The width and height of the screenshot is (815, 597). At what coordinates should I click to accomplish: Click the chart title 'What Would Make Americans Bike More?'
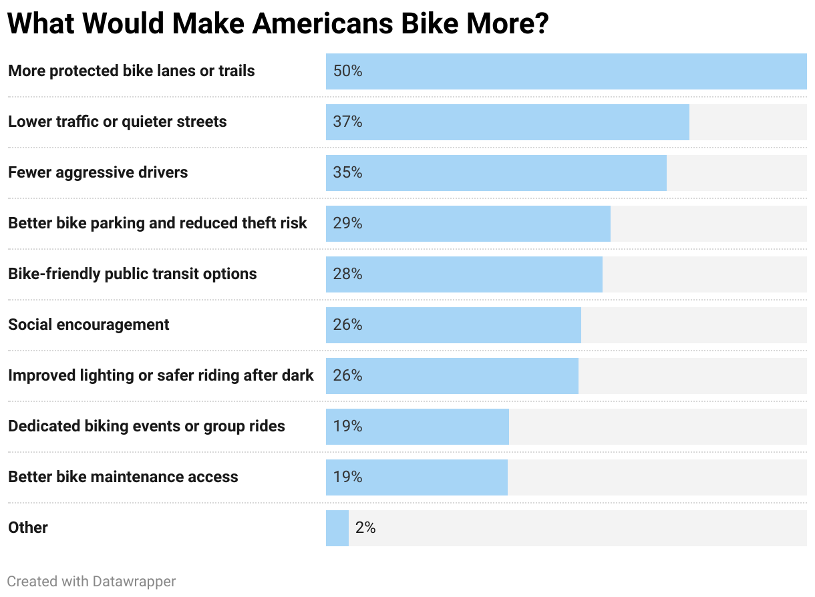(278, 24)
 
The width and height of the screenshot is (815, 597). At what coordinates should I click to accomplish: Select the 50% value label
(347, 71)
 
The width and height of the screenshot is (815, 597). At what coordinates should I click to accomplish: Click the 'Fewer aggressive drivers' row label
(98, 172)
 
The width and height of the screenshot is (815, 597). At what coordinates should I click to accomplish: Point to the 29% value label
(347, 223)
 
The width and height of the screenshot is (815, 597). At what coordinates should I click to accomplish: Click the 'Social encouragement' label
(89, 325)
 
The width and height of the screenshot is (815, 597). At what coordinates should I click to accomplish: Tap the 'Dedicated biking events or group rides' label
(146, 426)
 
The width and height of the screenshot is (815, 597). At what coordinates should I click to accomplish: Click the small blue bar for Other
(337, 528)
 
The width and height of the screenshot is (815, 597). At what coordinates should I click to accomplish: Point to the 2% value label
(365, 528)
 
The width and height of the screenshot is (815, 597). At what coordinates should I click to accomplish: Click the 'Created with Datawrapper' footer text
(92, 582)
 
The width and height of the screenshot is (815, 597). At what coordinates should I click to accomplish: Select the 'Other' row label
(28, 528)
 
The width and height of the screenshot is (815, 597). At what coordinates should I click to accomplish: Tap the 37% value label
(347, 122)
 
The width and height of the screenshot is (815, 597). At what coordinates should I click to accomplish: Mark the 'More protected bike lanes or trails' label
(132, 71)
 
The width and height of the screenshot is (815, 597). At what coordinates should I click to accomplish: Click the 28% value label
(347, 274)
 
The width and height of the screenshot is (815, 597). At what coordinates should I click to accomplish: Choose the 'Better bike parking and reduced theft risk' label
(158, 223)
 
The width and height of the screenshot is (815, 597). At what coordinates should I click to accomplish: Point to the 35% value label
(347, 172)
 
